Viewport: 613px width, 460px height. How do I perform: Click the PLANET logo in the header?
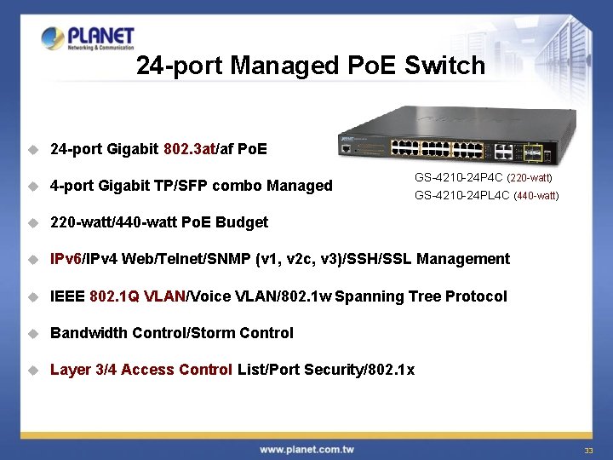(88, 39)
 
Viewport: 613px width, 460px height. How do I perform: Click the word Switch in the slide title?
(445, 66)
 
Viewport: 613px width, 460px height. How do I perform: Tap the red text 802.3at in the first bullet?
(191, 150)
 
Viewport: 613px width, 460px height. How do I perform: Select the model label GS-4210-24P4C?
(459, 178)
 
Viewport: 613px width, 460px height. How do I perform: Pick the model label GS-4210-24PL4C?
(462, 195)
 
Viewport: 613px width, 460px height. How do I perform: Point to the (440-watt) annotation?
(536, 196)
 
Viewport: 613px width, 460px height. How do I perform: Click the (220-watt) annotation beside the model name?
(530, 179)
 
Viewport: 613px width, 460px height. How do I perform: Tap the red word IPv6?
(66, 259)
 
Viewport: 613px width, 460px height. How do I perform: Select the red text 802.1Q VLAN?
(137, 296)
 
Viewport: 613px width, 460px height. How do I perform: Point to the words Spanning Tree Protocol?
(421, 296)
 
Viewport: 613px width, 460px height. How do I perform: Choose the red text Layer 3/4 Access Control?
(140, 370)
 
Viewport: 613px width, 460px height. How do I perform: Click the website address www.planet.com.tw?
(306, 449)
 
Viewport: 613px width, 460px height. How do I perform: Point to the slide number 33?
(588, 450)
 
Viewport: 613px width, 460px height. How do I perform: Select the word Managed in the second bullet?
(299, 186)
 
